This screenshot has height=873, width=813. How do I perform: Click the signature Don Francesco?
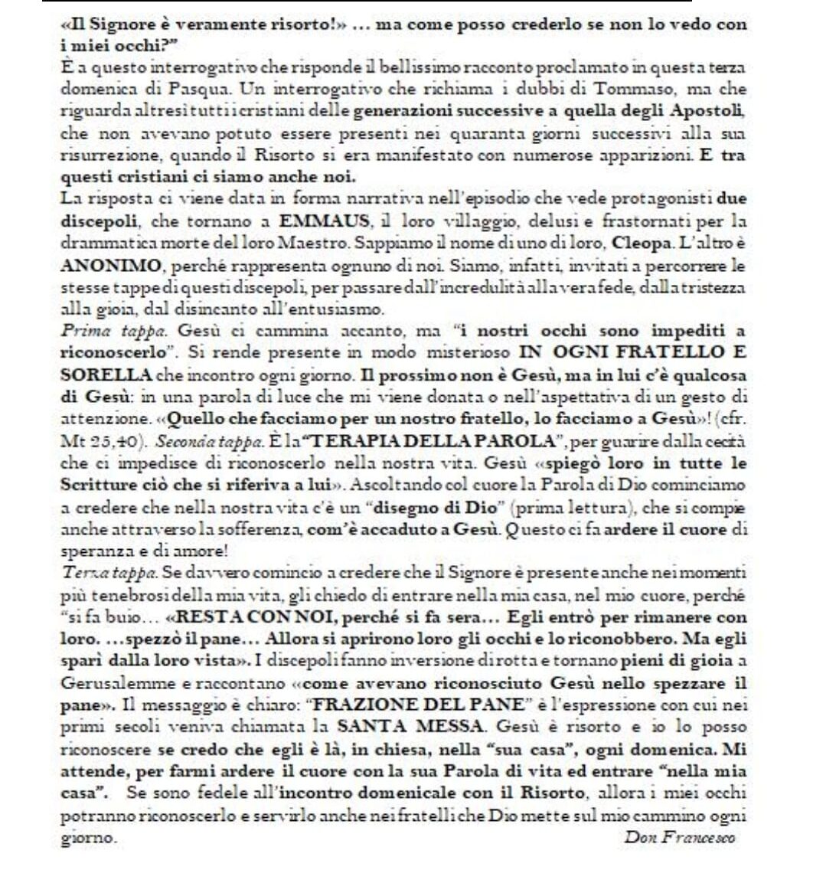coord(680,837)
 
